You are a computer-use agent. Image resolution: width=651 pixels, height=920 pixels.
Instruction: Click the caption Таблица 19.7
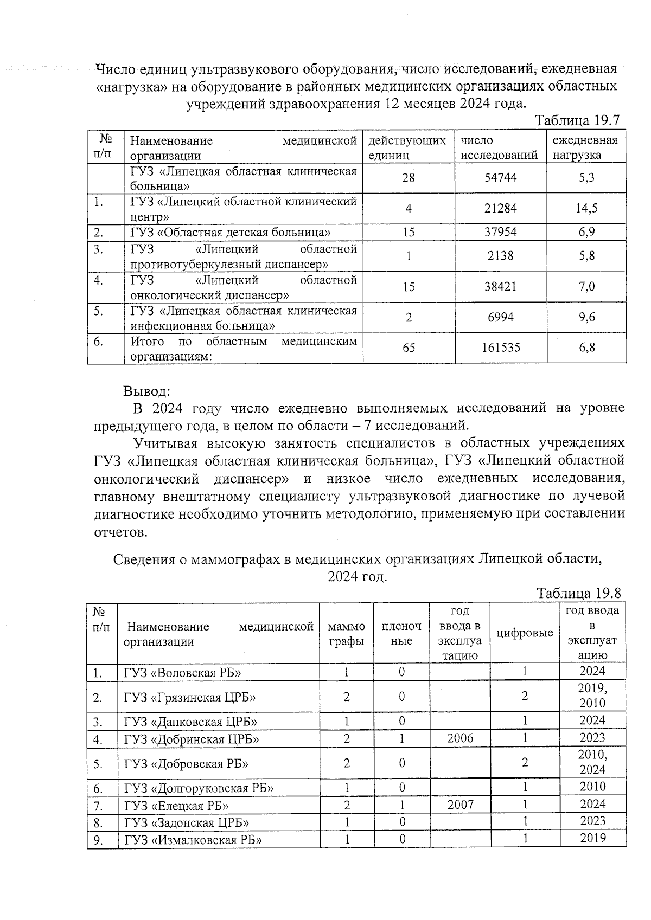(577, 120)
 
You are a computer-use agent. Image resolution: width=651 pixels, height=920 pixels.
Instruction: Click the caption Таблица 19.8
(578, 593)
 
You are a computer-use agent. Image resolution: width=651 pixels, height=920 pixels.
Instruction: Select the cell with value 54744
(500, 178)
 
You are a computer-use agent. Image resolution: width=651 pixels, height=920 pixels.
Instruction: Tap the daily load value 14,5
(586, 208)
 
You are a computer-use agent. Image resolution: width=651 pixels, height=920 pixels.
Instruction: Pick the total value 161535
(500, 348)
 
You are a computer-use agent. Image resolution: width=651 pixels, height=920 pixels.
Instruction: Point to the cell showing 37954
(500, 233)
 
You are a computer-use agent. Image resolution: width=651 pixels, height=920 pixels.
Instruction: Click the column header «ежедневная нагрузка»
(585, 147)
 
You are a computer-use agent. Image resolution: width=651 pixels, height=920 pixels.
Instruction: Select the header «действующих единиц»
(407, 147)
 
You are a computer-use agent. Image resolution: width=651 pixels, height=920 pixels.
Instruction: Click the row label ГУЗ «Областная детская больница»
(231, 233)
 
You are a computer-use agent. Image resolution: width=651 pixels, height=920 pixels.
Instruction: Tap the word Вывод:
(146, 391)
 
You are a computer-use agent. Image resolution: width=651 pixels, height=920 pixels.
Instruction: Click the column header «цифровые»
(525, 633)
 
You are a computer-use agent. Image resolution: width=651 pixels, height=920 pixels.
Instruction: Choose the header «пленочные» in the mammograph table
(401, 633)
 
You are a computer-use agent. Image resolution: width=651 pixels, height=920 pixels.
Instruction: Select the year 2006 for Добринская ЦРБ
(460, 738)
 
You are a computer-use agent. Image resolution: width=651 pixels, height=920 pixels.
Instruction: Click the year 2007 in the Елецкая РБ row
(460, 805)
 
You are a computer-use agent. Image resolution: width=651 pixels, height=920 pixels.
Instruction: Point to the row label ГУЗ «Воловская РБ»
(183, 672)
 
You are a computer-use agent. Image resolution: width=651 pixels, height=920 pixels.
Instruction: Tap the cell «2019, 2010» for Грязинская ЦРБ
(592, 696)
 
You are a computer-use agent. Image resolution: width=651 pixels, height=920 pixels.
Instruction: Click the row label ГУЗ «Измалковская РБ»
(193, 840)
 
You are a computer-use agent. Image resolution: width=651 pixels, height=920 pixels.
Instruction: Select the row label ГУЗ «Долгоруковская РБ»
(199, 788)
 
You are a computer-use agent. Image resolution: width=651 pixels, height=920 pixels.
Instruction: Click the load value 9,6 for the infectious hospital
(586, 317)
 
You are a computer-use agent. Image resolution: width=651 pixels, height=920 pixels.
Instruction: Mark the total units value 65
(409, 348)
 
